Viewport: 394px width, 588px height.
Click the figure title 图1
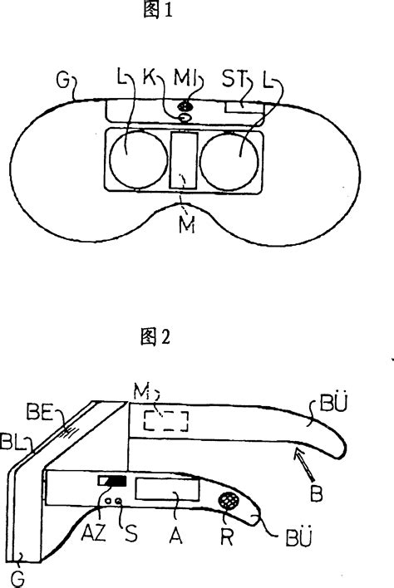[158, 9]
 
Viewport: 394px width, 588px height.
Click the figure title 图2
[155, 336]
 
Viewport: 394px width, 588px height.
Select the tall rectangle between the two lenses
[184, 160]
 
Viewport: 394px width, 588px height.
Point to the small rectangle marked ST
[244, 108]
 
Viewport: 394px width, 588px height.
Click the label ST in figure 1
[234, 80]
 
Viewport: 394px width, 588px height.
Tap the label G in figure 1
[62, 80]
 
